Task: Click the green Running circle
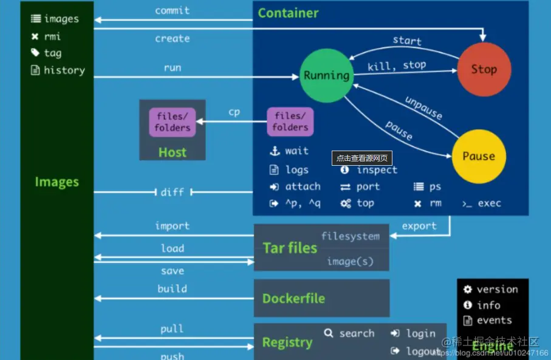[x=326, y=76]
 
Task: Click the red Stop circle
[x=484, y=69]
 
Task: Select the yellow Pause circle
[x=479, y=156]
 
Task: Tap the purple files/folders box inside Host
[x=172, y=121]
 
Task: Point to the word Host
[x=172, y=152]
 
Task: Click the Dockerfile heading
[x=293, y=298]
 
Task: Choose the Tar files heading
[x=290, y=248]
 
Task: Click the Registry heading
[x=287, y=342]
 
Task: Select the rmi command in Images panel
[x=52, y=36]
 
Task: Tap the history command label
[x=64, y=70]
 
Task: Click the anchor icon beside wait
[x=274, y=151]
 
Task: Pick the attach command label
[x=303, y=186]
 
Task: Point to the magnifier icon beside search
[x=329, y=333]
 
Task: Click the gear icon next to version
[x=467, y=290]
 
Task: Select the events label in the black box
[x=494, y=320]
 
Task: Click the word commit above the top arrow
[x=172, y=10]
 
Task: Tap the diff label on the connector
[x=172, y=192]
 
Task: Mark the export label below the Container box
[x=419, y=226]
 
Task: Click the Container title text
[x=288, y=13]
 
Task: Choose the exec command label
[x=489, y=203]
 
